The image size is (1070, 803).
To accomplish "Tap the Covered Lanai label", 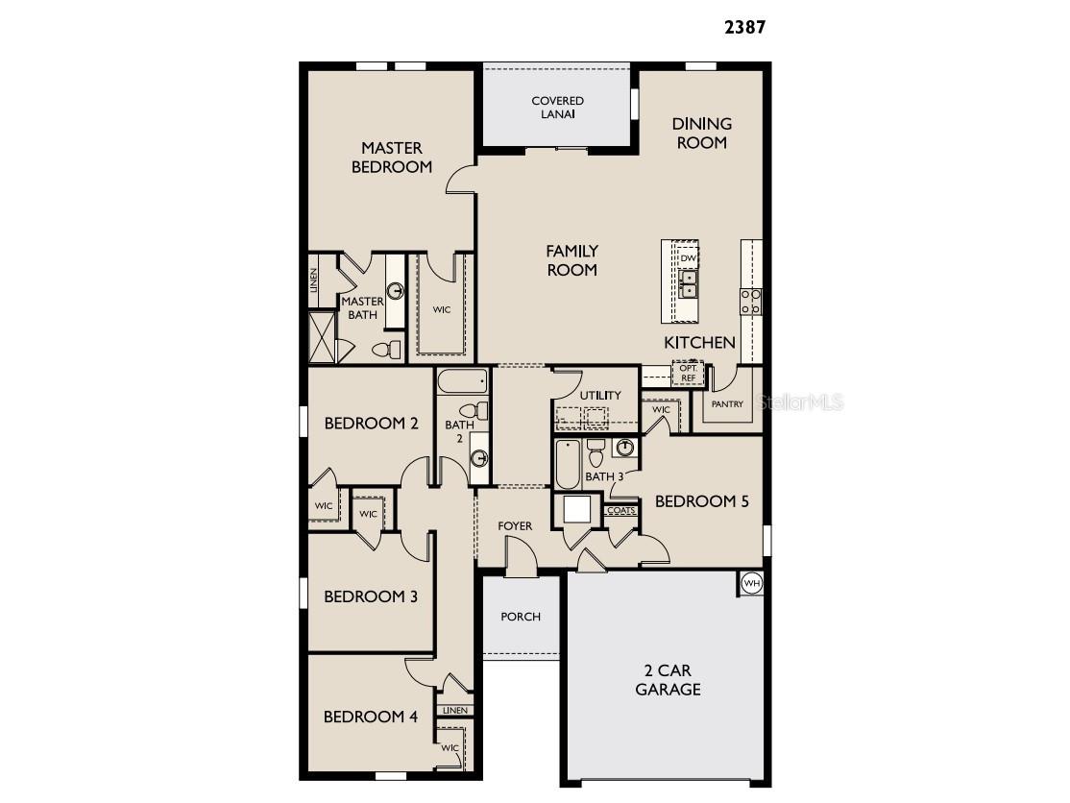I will (x=557, y=107).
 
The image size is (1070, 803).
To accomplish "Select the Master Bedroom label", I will (x=391, y=158).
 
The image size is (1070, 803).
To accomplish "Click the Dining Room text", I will (x=701, y=133).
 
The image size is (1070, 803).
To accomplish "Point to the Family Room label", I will (x=571, y=260).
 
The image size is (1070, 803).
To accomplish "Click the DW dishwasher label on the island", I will (x=688, y=257).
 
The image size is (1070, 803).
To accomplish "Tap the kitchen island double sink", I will (x=689, y=281).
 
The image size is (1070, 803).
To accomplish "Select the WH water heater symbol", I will (x=751, y=582).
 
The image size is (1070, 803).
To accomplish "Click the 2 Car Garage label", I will (x=668, y=679).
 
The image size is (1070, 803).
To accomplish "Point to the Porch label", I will (x=521, y=617).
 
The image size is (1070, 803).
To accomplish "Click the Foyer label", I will (x=514, y=526).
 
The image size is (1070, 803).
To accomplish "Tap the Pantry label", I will (x=727, y=404).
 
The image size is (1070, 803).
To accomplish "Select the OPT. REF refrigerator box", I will (x=688, y=373).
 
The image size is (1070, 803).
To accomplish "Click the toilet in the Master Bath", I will (x=386, y=350).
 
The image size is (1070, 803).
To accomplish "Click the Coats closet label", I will (x=621, y=511).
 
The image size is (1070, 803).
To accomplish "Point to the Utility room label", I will (x=600, y=395).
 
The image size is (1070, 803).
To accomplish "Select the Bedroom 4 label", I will (x=370, y=717).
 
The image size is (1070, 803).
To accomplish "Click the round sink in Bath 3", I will (x=624, y=448).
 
